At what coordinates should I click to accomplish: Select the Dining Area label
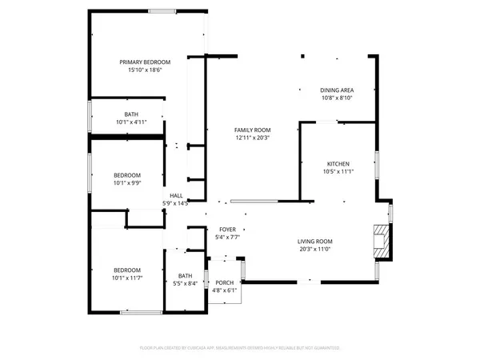(337, 90)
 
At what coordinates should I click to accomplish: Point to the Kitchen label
(338, 163)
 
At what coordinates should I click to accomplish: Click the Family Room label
(253, 130)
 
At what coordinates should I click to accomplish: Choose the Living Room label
(315, 242)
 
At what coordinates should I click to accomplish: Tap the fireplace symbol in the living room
(383, 241)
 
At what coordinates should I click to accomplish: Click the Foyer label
(228, 229)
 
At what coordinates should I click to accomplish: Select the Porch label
(224, 282)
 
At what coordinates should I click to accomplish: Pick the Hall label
(176, 195)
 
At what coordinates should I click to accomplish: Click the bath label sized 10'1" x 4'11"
(130, 114)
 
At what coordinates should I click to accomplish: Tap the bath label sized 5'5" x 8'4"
(186, 276)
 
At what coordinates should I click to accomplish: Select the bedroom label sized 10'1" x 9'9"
(126, 175)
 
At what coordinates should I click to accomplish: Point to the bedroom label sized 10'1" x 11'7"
(126, 270)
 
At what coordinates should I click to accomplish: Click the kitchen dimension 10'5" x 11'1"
(338, 171)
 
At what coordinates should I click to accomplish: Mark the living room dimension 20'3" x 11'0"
(315, 249)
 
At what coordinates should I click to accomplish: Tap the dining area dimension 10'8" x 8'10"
(337, 98)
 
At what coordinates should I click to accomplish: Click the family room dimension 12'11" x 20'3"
(253, 138)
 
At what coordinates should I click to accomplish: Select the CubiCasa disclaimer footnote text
(240, 348)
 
